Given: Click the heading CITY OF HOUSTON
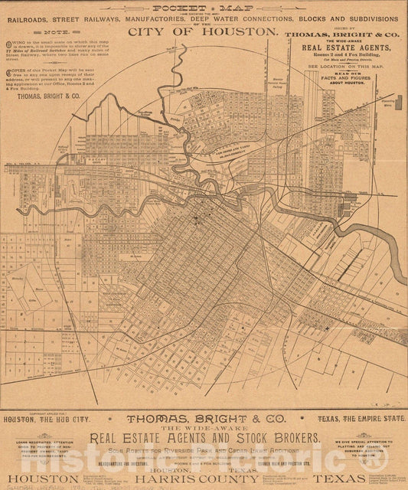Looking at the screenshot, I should click(x=203, y=31).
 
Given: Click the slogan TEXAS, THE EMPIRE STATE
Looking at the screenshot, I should click(x=361, y=419).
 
